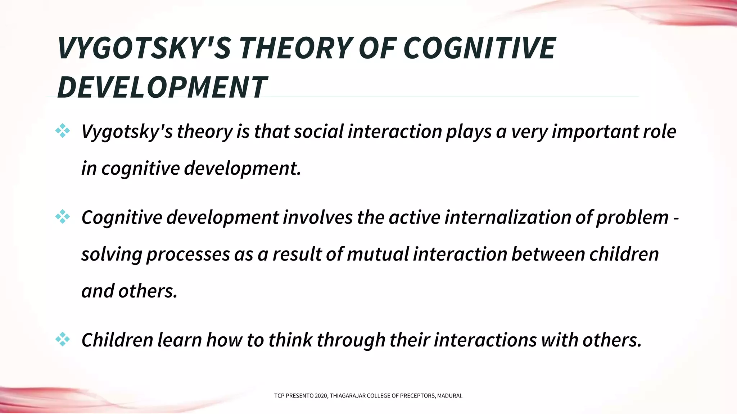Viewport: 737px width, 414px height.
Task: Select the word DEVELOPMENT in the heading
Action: [x=162, y=87]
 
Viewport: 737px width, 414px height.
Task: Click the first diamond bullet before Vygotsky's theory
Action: [x=63, y=131]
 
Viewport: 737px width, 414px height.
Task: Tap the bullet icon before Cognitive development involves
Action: [x=63, y=217]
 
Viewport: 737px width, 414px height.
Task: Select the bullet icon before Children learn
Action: [x=63, y=339]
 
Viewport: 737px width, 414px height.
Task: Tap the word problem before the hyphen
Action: [x=632, y=217]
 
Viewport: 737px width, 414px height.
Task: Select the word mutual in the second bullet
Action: [x=378, y=254]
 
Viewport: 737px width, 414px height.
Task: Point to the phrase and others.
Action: [x=130, y=291]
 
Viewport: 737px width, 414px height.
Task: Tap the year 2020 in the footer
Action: [x=321, y=396]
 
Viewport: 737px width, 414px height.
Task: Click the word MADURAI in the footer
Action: [x=449, y=396]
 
